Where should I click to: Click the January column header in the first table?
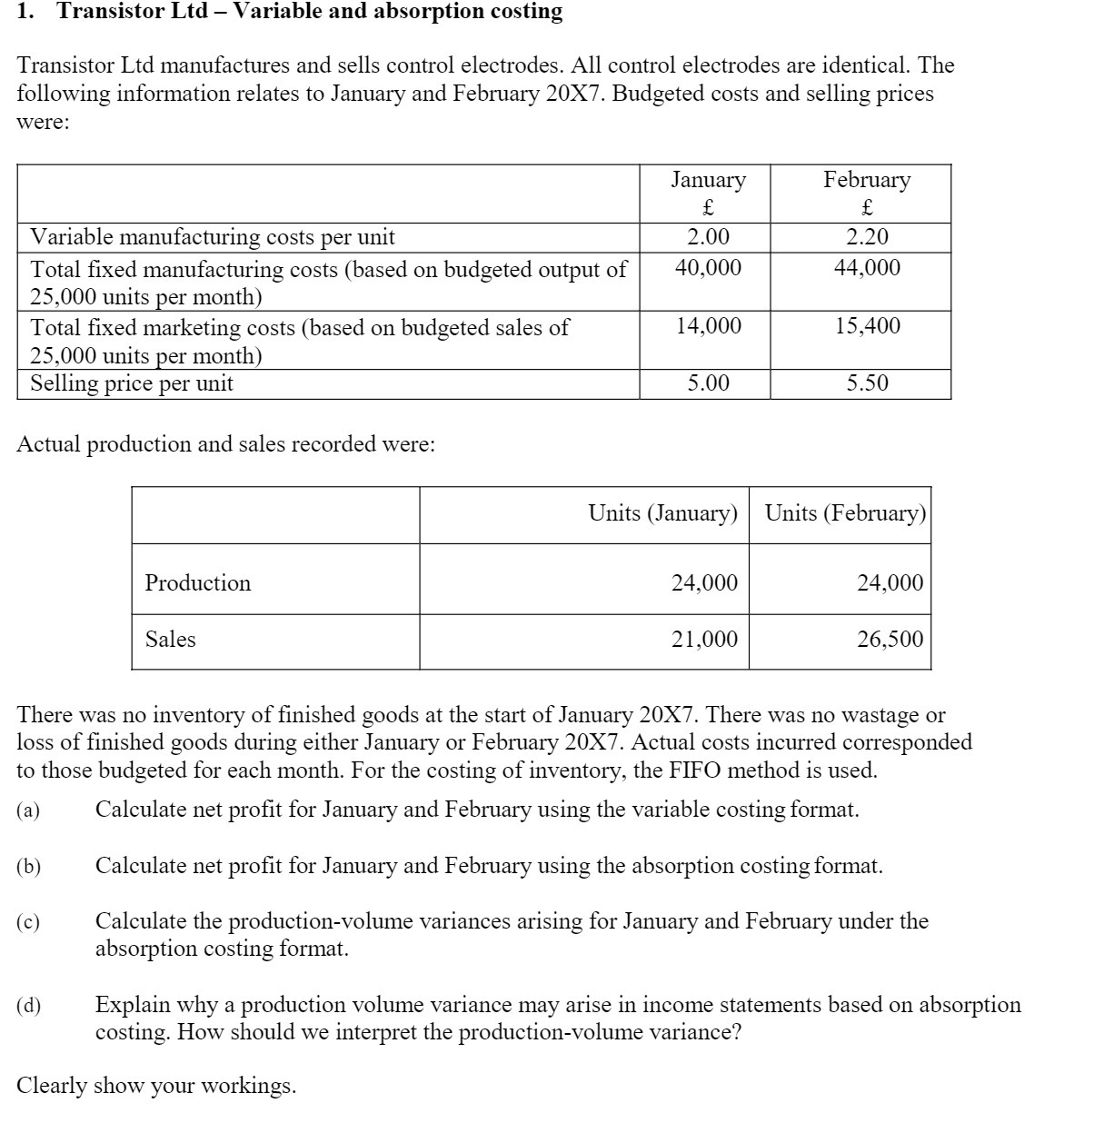point(708,180)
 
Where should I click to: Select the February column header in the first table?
point(866,180)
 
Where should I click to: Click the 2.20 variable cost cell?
point(866,238)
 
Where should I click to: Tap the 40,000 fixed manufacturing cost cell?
point(708,268)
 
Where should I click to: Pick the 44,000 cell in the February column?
point(867,268)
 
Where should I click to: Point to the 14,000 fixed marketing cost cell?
point(708,326)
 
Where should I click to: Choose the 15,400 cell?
point(868,326)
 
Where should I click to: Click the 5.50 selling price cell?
point(867,383)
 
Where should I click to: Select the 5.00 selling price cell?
point(708,383)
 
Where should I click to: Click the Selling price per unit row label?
point(132,383)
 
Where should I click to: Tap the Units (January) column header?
point(662,513)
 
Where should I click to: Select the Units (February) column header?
point(845,513)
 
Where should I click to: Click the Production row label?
point(197,583)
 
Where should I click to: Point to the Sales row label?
point(170,640)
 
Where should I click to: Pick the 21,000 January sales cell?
point(704,640)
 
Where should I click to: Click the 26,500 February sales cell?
point(890,640)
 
